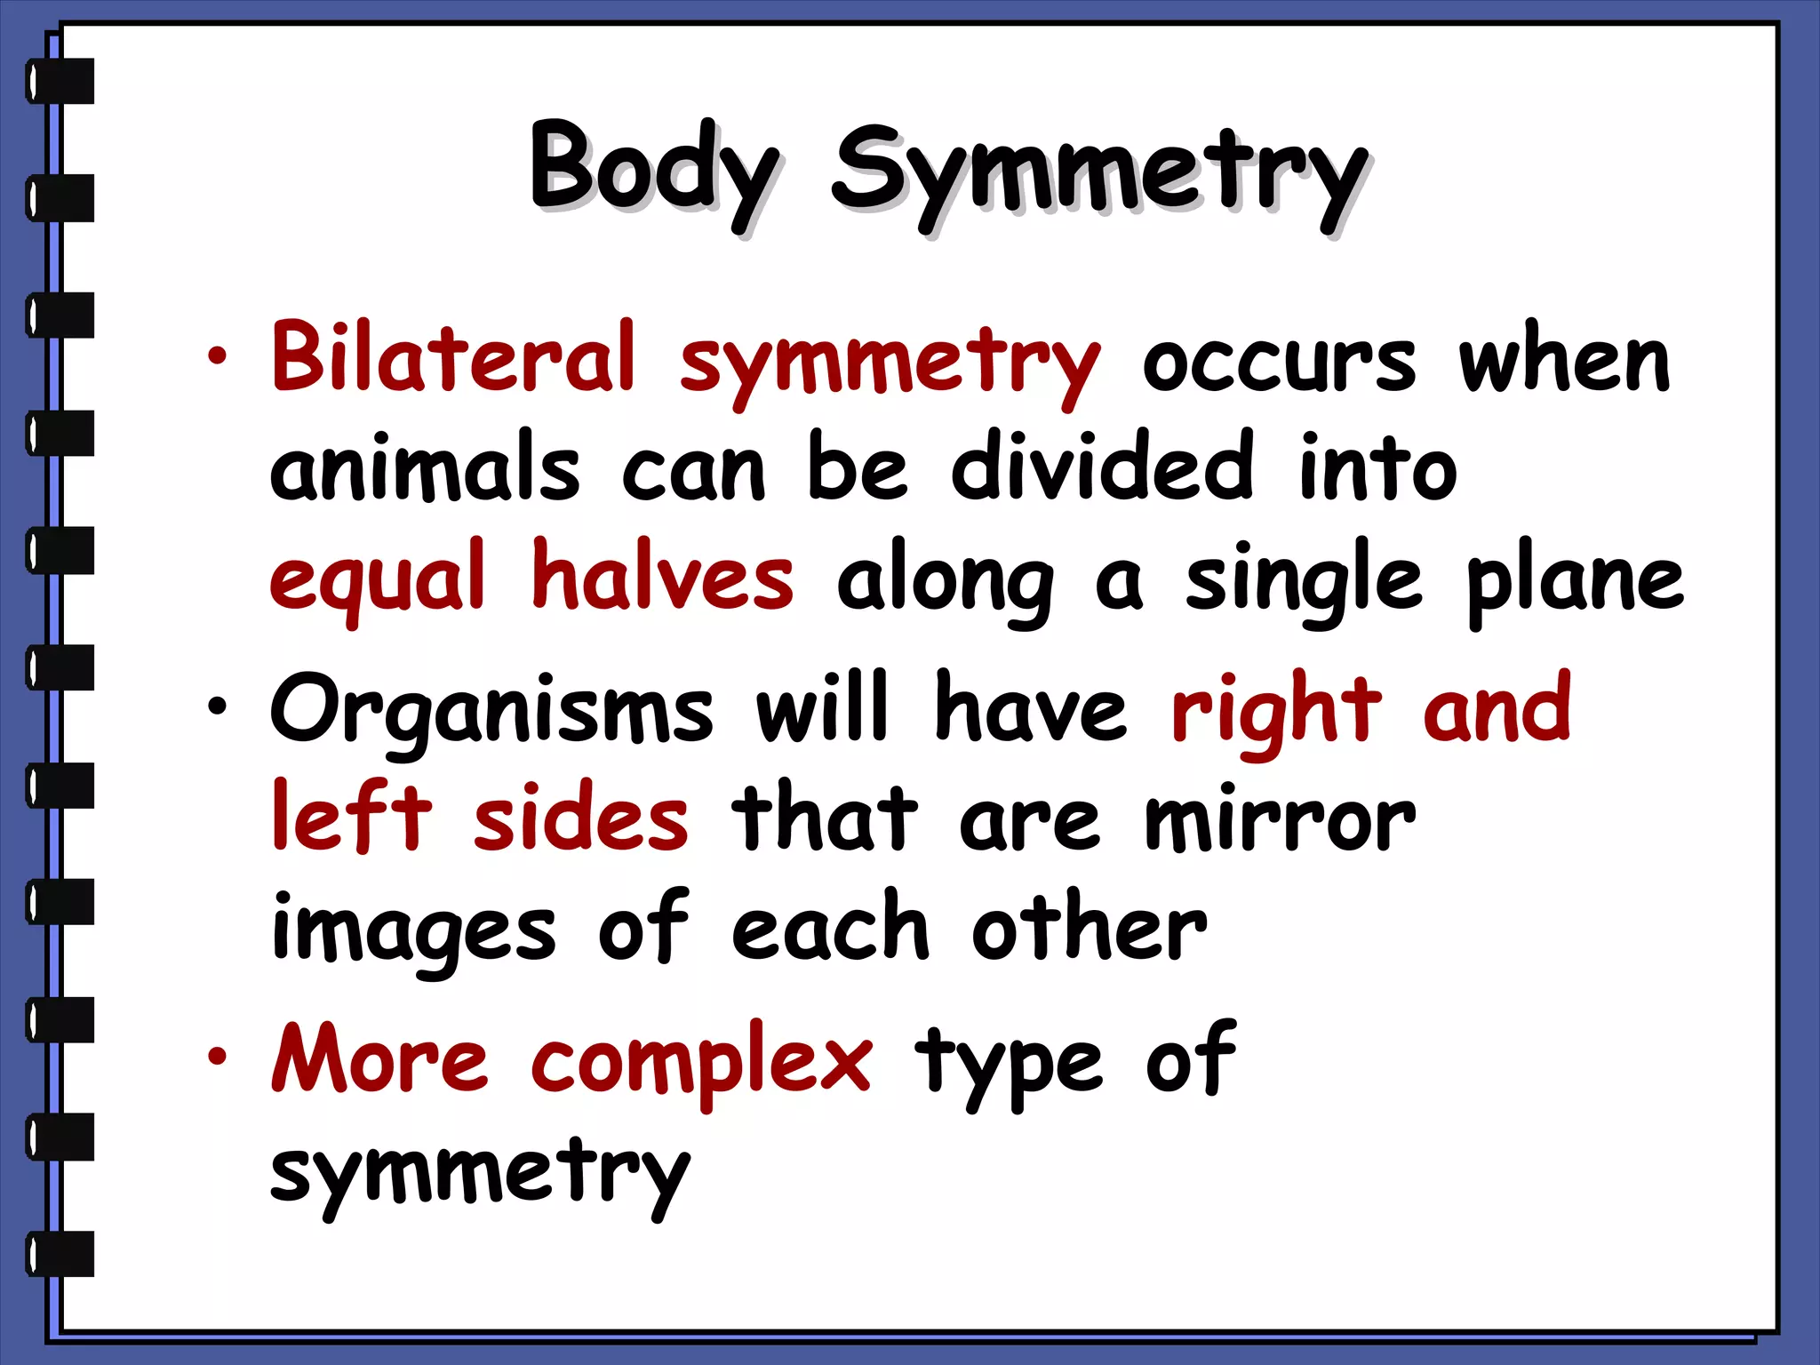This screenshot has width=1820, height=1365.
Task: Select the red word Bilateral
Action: (x=453, y=357)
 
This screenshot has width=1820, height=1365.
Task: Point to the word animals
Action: (x=425, y=468)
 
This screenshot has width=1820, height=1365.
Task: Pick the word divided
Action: (x=1102, y=467)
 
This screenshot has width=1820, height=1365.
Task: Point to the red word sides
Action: (x=580, y=818)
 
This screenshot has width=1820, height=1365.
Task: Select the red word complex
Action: (x=701, y=1062)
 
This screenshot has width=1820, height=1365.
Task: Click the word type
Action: (x=1009, y=1062)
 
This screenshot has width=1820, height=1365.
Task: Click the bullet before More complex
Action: (x=217, y=1057)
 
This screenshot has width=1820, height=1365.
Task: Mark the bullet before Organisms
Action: (x=217, y=707)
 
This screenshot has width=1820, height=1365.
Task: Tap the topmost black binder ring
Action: (x=60, y=81)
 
